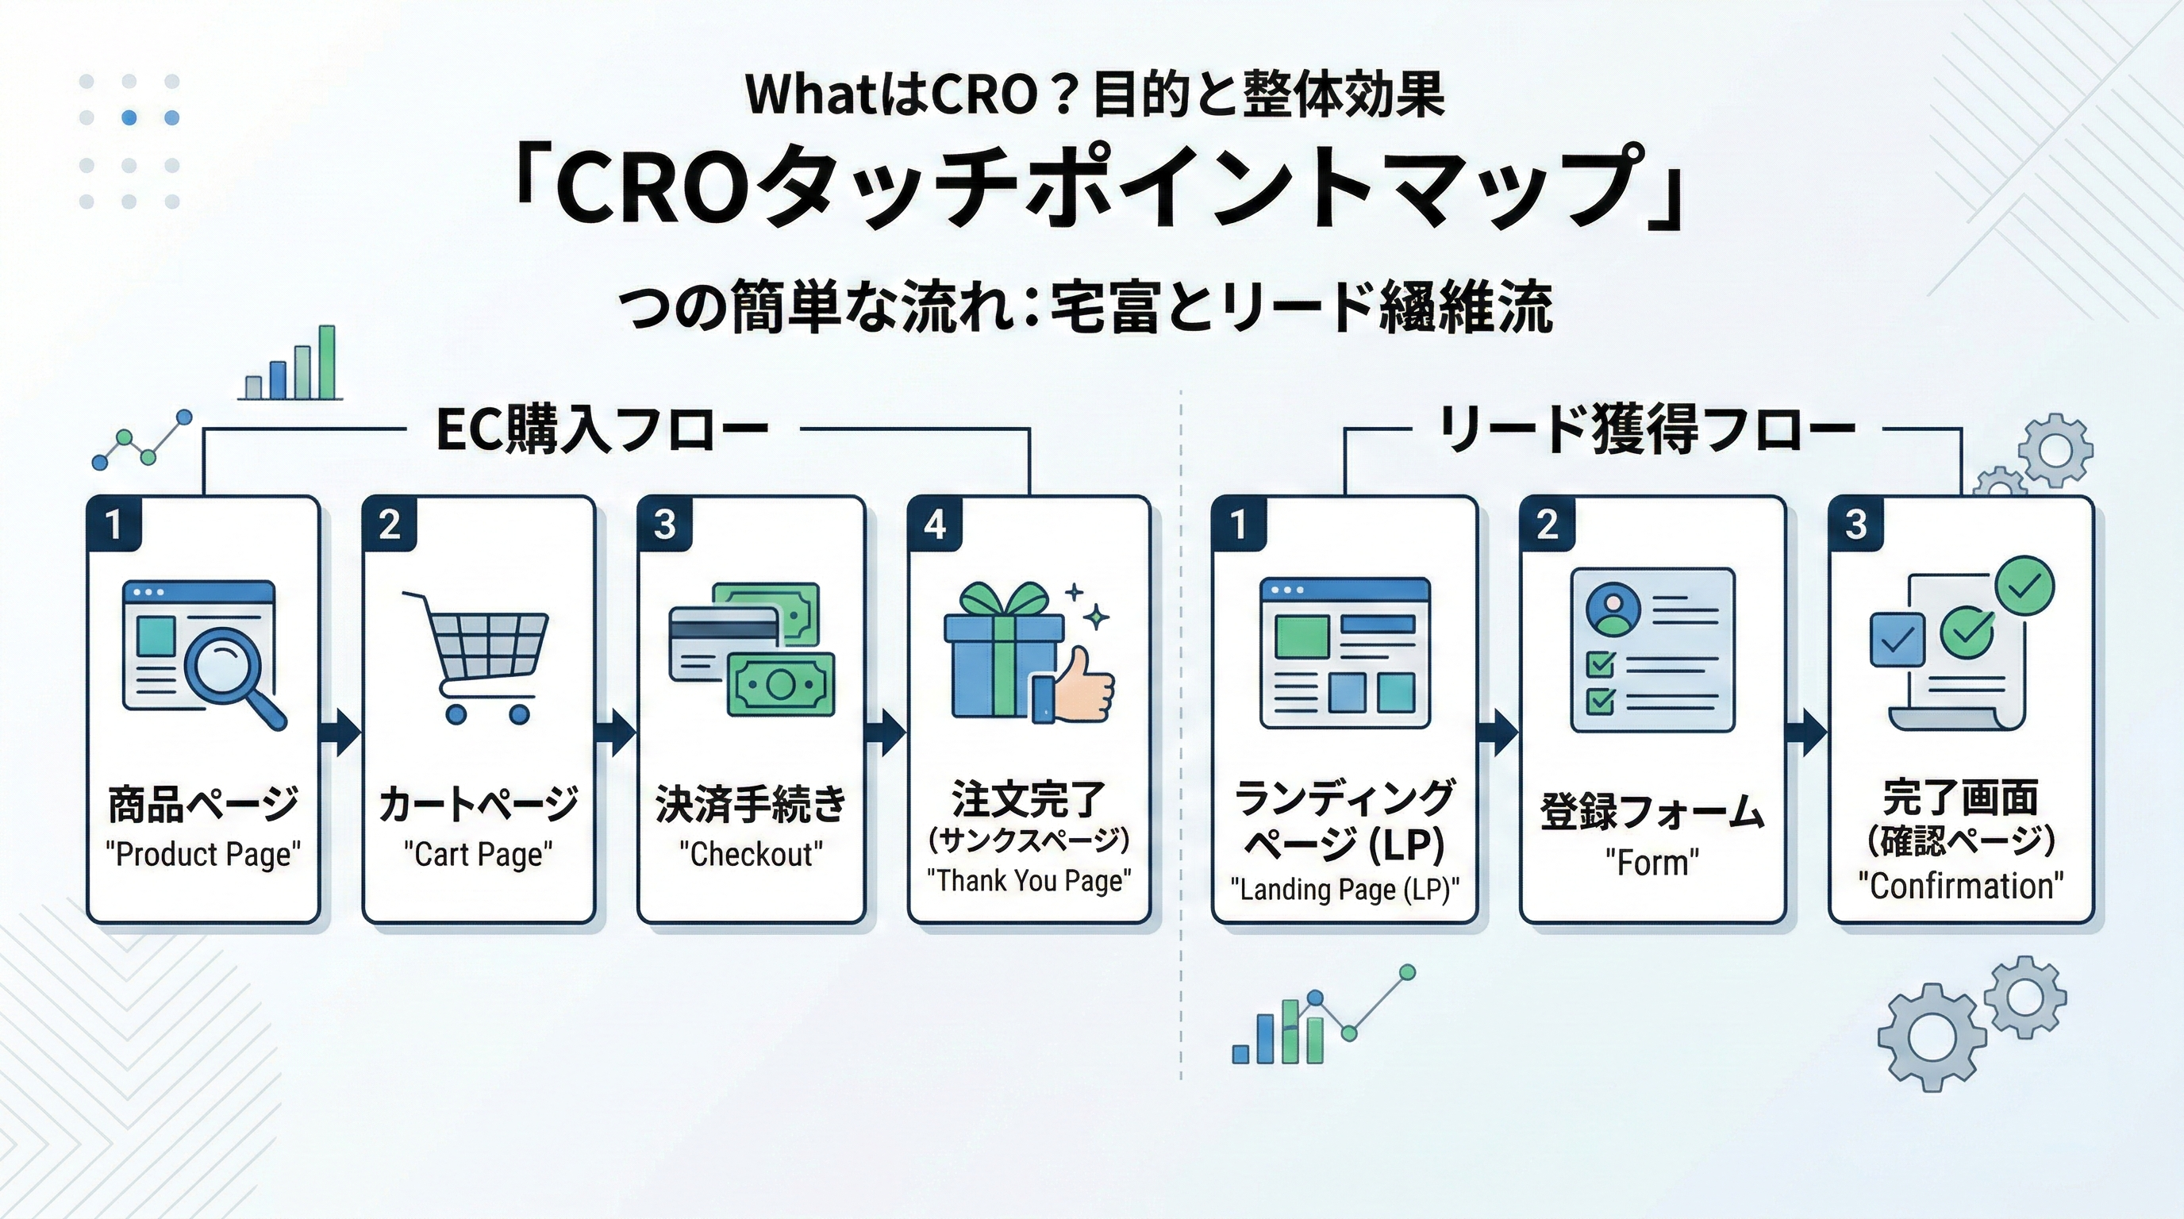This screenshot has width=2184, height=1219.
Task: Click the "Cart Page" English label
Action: pyautogui.click(x=479, y=854)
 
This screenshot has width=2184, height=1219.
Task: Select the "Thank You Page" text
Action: pyautogui.click(x=1029, y=881)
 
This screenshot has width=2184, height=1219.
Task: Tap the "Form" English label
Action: pyautogui.click(x=1651, y=863)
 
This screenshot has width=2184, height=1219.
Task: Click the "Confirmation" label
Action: pyautogui.click(x=1960, y=886)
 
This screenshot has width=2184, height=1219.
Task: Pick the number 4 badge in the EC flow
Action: pyautogui.click(x=934, y=525)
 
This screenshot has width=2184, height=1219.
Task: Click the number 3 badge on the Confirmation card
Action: pyautogui.click(x=1856, y=525)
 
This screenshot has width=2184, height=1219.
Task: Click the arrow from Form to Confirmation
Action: pyautogui.click(x=1807, y=733)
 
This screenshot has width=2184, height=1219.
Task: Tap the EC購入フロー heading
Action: pyautogui.click(x=602, y=431)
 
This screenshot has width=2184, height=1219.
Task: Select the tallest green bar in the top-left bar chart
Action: pyautogui.click(x=326, y=362)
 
